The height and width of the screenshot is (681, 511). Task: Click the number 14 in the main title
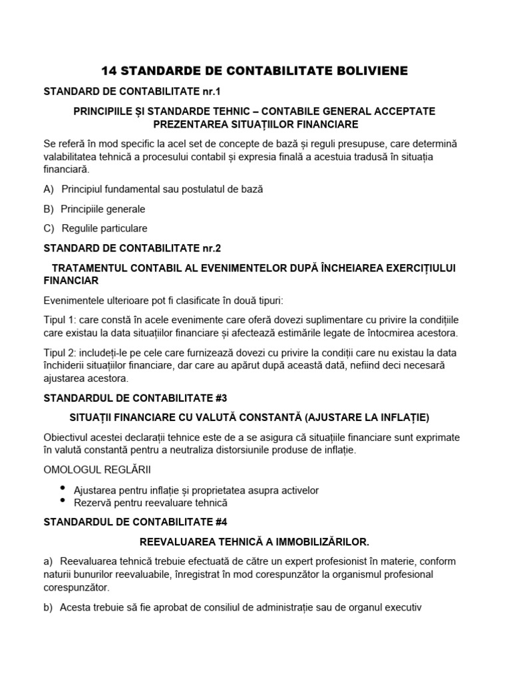[109, 70]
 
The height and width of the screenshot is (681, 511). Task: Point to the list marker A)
[49, 190]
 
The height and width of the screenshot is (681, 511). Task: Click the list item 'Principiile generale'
[103, 209]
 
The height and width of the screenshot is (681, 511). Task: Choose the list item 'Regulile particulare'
[104, 228]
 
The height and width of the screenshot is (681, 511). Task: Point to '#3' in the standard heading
[220, 398]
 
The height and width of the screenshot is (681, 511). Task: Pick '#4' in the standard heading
[220, 522]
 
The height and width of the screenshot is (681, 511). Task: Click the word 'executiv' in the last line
[403, 607]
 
